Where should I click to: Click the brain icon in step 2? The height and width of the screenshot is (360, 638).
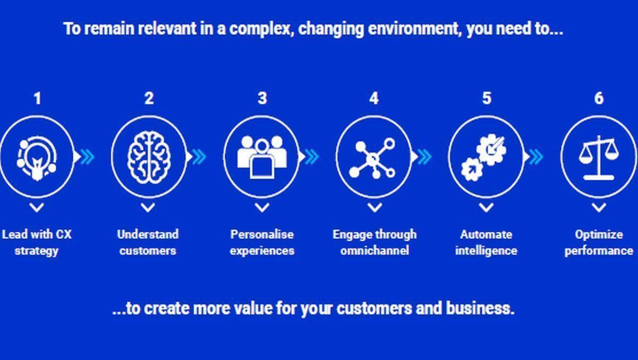[x=149, y=157]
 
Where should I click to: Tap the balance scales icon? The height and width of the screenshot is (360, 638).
[x=599, y=158]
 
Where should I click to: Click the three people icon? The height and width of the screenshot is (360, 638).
[x=262, y=157]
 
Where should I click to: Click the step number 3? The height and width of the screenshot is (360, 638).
[x=262, y=98]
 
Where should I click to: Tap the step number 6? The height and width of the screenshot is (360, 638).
[x=599, y=98]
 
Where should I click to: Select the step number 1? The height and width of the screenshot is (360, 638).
[x=37, y=99]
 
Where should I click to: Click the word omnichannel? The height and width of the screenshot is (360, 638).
[x=374, y=251]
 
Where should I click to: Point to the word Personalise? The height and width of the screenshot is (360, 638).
[x=262, y=235]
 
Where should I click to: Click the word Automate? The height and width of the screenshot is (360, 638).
[x=486, y=235]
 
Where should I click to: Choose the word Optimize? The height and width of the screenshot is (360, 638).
[x=599, y=235]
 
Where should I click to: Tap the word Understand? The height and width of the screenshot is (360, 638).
[x=148, y=235]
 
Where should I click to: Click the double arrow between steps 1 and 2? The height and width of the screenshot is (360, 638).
[x=87, y=157]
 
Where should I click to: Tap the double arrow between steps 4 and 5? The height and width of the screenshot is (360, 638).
[x=424, y=157]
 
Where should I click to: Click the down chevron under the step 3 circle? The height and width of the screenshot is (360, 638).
[x=262, y=207]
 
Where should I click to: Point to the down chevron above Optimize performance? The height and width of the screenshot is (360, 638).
[x=599, y=207]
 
